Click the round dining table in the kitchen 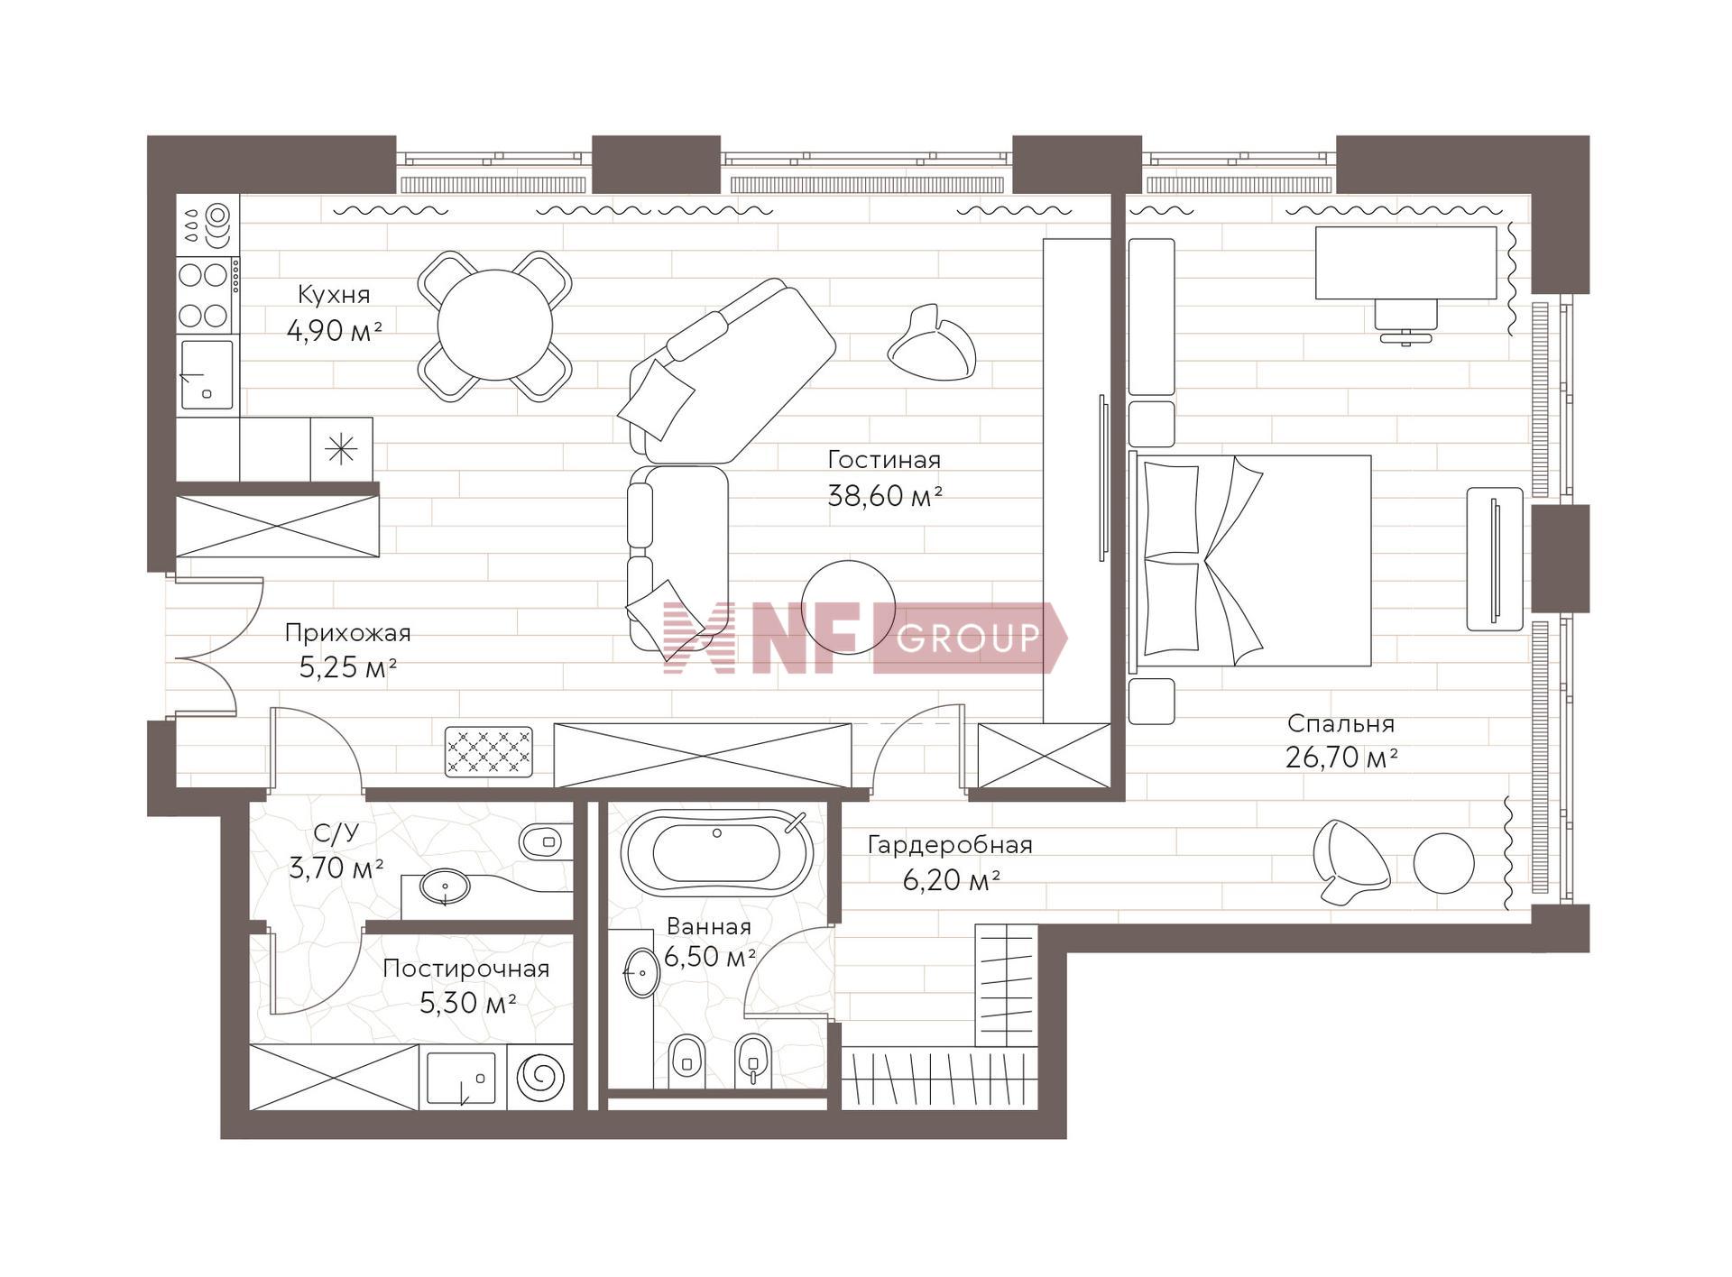[494, 325]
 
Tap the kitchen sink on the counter [207, 374]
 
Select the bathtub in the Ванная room [716, 852]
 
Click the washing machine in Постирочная [539, 1077]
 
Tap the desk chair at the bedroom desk [1405, 321]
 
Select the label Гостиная [884, 460]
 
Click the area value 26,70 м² [1341, 758]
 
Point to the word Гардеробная [950, 845]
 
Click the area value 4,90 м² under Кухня [335, 331]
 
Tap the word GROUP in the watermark [968, 638]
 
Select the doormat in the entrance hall [489, 751]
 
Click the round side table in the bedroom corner [1443, 863]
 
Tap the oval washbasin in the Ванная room [641, 972]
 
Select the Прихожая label [347, 633]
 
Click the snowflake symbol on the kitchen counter [341, 448]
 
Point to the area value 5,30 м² [467, 1002]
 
